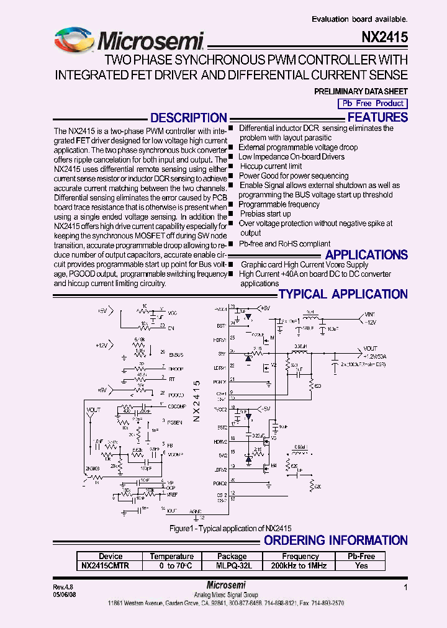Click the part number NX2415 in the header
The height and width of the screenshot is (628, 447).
384,38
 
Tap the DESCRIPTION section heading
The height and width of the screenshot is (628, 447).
189,118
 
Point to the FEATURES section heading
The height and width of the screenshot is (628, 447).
377,117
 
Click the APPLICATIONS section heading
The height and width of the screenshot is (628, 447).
366,255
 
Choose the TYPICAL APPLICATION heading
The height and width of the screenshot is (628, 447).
343,294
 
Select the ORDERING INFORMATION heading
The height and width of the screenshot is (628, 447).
336,541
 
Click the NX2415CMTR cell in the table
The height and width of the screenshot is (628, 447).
106,565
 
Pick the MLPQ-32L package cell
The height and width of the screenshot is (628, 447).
232,565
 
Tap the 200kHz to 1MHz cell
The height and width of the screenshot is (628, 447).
300,565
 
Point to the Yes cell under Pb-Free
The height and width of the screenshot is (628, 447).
361,565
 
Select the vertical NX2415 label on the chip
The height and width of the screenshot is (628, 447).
196,401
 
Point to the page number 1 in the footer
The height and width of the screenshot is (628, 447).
405,586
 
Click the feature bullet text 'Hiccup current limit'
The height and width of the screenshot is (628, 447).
271,166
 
